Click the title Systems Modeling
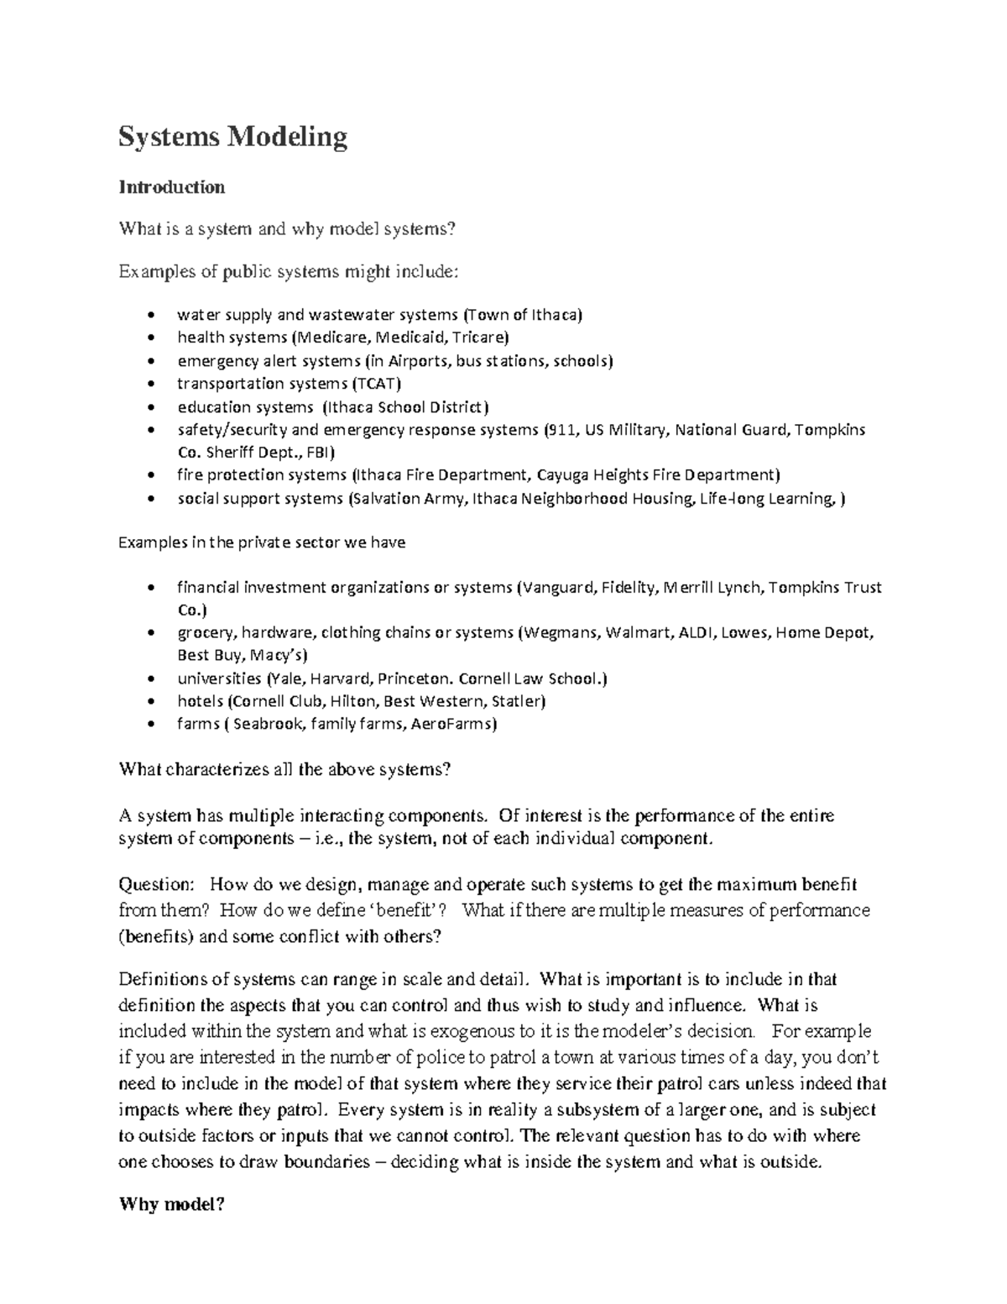[x=232, y=136]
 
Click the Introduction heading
[x=171, y=187]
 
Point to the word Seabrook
[x=268, y=724]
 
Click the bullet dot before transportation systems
[x=150, y=385]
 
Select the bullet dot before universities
[x=150, y=679]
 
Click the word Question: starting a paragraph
[x=156, y=884]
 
